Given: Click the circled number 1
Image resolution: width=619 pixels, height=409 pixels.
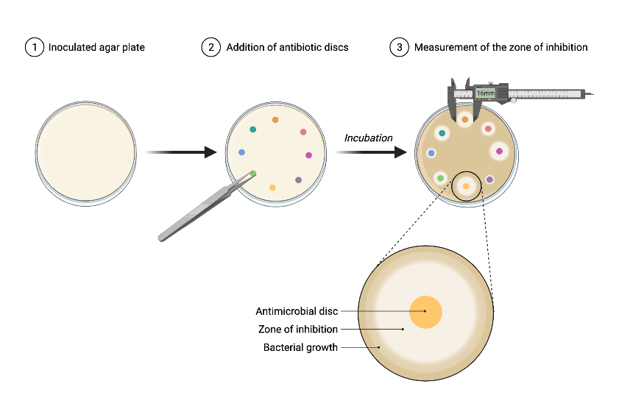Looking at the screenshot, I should point(34,47).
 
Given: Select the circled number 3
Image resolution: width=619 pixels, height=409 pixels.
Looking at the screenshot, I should point(399,47).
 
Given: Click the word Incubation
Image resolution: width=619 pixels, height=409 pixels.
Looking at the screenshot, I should point(368,138).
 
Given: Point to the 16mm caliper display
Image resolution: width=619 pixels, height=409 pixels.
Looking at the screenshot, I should point(485,93).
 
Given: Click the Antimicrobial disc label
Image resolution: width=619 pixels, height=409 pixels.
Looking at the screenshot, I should point(297,311).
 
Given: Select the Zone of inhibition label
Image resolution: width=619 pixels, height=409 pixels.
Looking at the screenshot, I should point(297,330).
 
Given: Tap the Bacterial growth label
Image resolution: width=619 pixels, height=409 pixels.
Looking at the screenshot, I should point(300,347).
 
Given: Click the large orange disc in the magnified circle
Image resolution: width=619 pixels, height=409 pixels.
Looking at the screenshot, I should point(425,312).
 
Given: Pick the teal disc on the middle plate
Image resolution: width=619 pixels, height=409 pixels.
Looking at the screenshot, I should point(253,129).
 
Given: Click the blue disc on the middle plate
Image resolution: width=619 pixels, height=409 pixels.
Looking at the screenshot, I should point(241,152).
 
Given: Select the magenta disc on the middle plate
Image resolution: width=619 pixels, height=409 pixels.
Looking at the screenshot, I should point(308,155).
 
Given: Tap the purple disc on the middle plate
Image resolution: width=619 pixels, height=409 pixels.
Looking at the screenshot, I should point(298,179).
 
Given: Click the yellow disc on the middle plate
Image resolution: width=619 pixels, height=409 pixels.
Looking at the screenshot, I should point(272,188).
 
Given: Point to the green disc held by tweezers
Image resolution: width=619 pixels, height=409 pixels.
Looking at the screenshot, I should point(253,174).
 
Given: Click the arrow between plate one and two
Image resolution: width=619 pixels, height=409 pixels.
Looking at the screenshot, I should point(180,152).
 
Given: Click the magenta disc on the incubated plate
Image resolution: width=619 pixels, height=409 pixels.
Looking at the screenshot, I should point(500,152).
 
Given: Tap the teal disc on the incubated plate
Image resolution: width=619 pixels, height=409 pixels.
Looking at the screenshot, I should point(442,133).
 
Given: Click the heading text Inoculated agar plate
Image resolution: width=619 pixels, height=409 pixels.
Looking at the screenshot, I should point(96,47).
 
